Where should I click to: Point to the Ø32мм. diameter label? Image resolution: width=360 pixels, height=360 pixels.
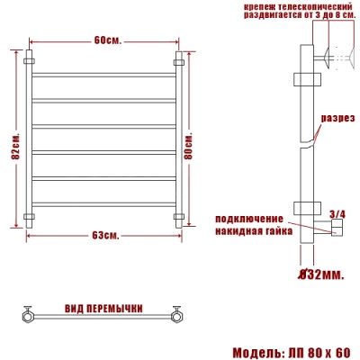(320, 273)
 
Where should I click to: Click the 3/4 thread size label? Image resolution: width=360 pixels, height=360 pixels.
(337, 213)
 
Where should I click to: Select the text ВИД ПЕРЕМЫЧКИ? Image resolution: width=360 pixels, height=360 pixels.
(103, 308)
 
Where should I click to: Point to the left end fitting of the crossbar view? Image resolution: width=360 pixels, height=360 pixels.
(29, 315)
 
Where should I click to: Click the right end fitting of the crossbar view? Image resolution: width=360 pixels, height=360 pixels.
(177, 315)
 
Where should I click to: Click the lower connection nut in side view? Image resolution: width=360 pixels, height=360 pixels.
(336, 230)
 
